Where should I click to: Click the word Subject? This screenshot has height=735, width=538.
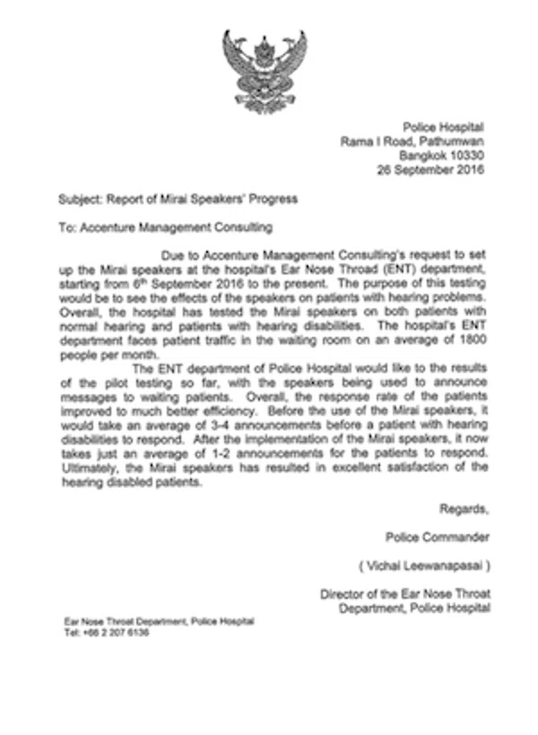point(77,199)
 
